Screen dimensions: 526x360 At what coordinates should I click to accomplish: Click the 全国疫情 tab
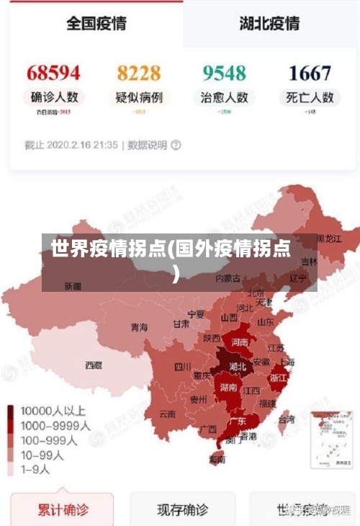pos(96,23)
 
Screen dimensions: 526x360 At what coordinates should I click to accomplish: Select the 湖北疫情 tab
pos(269,23)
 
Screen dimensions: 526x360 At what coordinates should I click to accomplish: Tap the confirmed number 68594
pos(53,73)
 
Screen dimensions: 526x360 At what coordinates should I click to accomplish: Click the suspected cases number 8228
pos(139,73)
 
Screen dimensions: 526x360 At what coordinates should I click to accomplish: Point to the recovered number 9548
pos(224,73)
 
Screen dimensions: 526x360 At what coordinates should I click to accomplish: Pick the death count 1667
pos(310,73)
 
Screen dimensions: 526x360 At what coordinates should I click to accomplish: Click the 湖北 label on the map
pos(237,367)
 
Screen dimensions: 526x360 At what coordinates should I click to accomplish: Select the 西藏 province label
pos(94,365)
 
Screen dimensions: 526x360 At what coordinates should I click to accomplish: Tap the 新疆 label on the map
pos(73,286)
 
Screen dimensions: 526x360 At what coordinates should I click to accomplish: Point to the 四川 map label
pos(183,366)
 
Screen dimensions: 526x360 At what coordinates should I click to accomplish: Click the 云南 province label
pos(167,414)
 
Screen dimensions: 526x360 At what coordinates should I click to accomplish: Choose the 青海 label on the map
pos(139,327)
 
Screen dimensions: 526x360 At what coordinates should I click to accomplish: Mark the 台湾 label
pos(286,419)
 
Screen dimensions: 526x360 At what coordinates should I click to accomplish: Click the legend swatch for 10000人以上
pos(11,412)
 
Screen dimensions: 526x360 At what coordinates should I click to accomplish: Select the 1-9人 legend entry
pos(35,469)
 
